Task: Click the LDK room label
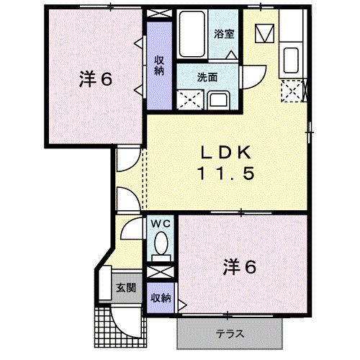[x=225, y=153]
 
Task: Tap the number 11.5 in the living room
[x=225, y=173]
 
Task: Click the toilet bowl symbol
[x=161, y=242]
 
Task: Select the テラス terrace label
[x=230, y=333]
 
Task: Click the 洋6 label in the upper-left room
[x=96, y=79]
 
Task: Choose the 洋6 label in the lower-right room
[x=239, y=267]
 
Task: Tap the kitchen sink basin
[x=291, y=59]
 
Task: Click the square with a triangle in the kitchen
[x=266, y=33]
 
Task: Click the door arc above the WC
[x=130, y=228]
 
